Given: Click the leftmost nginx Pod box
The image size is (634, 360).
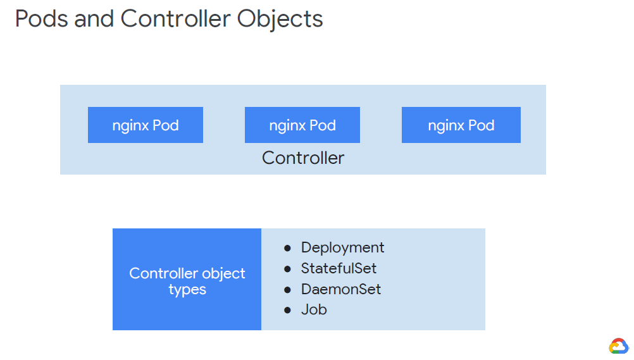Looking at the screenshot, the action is pyautogui.click(x=146, y=125).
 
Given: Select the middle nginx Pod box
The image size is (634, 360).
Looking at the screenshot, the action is pyautogui.click(x=302, y=125).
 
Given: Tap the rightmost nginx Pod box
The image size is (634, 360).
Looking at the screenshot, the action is pyautogui.click(x=461, y=125).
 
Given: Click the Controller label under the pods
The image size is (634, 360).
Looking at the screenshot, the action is pyautogui.click(x=303, y=158).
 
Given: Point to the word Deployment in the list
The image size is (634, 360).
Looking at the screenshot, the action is pyautogui.click(x=342, y=247).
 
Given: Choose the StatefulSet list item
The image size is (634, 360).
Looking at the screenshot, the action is pyautogui.click(x=339, y=268).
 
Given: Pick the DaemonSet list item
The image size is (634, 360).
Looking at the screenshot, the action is pyautogui.click(x=341, y=289).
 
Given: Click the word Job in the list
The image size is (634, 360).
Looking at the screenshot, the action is pyautogui.click(x=314, y=310).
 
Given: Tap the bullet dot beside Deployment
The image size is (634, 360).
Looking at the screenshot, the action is pyautogui.click(x=287, y=248).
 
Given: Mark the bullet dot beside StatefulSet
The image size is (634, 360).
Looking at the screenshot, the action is pyautogui.click(x=287, y=269).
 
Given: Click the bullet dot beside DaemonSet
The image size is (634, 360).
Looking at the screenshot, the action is pyautogui.click(x=287, y=290).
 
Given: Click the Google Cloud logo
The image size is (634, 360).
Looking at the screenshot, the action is pyautogui.click(x=618, y=345).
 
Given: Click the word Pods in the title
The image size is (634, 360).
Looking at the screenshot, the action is pyautogui.click(x=41, y=19).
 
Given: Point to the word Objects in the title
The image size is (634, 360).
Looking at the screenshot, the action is pyautogui.click(x=280, y=19).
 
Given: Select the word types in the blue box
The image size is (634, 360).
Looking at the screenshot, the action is pyautogui.click(x=187, y=290).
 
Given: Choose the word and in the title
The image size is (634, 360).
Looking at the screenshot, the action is pyautogui.click(x=95, y=19).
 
